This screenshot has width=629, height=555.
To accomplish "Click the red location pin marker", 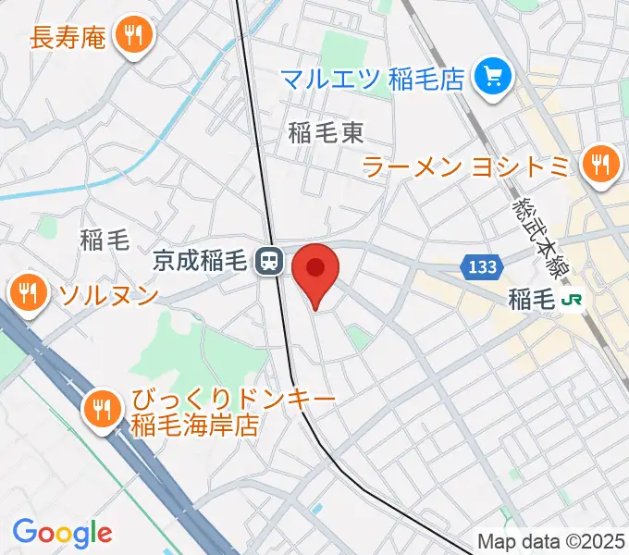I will point(315,270).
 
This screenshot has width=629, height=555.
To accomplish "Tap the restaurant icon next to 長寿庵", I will point(135,36).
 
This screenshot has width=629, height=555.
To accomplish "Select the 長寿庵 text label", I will point(70,38).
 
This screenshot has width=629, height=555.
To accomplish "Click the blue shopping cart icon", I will point(491,75).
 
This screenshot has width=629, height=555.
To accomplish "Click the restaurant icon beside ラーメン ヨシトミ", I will point(601,164).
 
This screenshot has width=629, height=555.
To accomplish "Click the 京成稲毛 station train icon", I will point(269,262).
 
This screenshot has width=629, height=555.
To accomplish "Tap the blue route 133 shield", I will point(482,267).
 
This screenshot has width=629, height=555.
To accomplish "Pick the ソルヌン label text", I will point(108,295).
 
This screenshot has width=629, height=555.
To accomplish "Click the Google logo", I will point(62,533).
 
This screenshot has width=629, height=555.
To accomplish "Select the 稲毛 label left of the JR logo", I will point(531,299).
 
